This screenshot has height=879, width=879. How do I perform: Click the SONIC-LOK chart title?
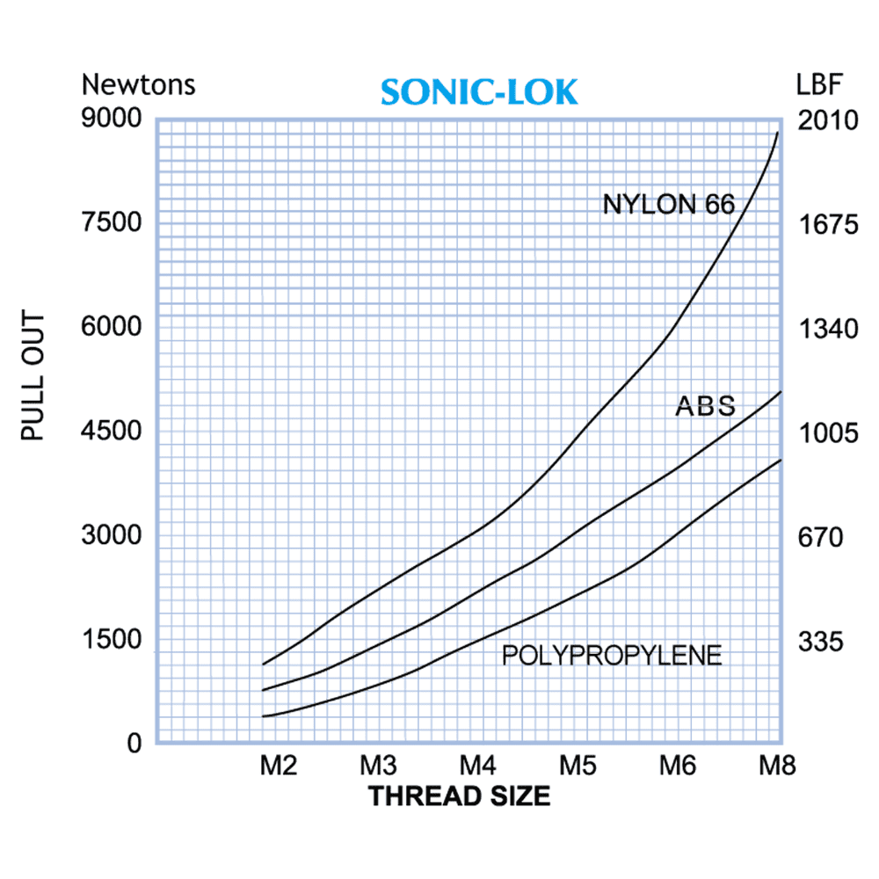(x=480, y=92)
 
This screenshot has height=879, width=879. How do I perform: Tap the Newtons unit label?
(x=138, y=85)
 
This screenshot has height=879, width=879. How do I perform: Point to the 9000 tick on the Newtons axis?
(x=112, y=119)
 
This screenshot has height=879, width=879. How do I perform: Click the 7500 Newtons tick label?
(x=112, y=222)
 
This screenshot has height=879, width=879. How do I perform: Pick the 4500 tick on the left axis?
(x=112, y=431)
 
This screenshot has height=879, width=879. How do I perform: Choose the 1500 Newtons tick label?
(x=112, y=639)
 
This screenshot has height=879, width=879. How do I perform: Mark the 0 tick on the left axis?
(x=134, y=744)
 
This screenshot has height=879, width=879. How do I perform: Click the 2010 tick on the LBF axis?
(x=827, y=120)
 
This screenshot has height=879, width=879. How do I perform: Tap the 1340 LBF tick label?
(x=827, y=329)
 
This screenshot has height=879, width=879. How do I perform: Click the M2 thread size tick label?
(x=278, y=766)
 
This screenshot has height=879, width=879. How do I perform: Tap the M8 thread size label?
(x=777, y=766)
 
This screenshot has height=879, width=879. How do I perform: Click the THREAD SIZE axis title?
(x=459, y=796)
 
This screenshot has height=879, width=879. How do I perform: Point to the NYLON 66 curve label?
(x=668, y=205)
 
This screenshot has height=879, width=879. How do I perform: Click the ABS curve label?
(x=705, y=406)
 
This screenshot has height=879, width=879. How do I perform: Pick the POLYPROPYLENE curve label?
(x=612, y=655)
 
